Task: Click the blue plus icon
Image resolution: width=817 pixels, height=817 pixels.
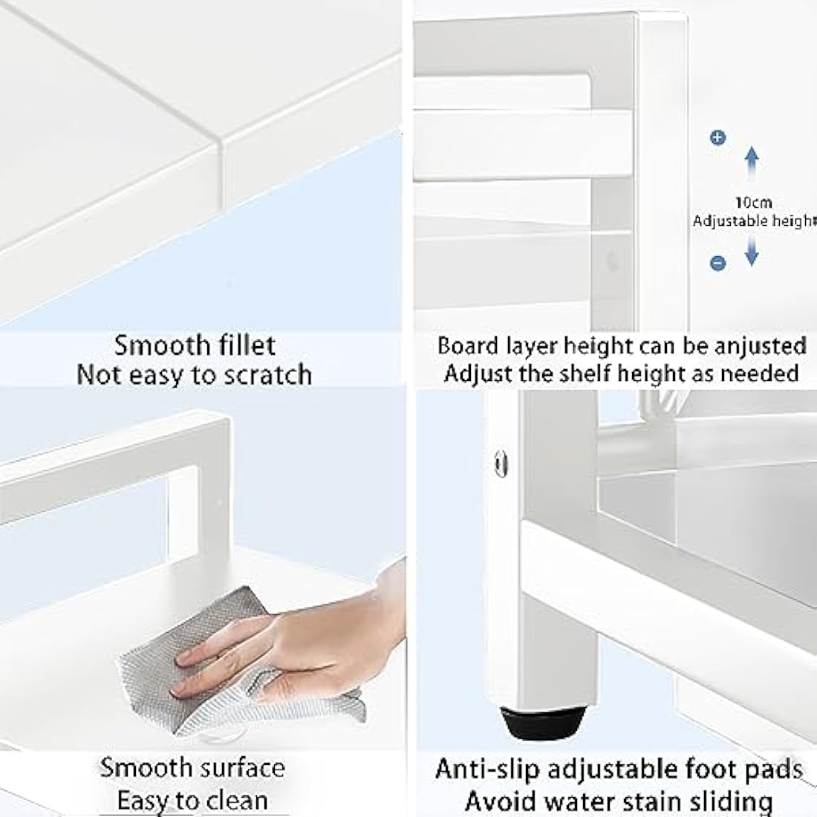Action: tap(718, 137)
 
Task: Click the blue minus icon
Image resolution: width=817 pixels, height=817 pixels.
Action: tap(718, 263)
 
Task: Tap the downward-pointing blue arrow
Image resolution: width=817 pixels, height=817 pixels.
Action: tap(752, 250)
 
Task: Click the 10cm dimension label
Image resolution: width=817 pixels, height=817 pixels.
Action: tap(753, 202)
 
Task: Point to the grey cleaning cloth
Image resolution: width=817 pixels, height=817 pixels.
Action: tap(230, 662)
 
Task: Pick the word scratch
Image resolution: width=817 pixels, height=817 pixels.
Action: tap(268, 374)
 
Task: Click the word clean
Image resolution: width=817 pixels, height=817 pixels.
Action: tap(237, 801)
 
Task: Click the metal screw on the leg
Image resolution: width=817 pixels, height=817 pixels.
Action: tap(501, 463)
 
